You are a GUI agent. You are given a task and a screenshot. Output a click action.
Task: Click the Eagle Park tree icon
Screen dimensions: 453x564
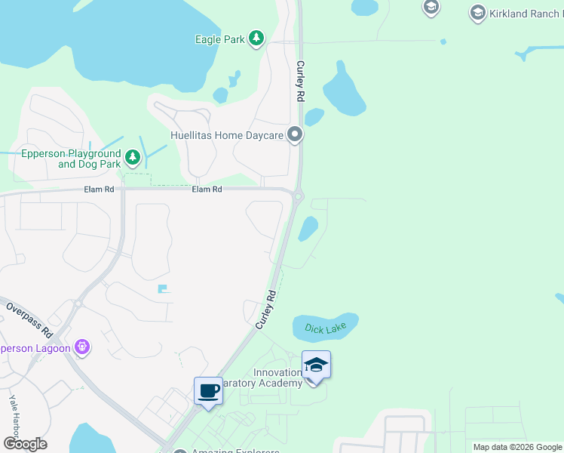point(256,39)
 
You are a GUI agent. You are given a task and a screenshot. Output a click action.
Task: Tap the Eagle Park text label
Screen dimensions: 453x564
point(219,39)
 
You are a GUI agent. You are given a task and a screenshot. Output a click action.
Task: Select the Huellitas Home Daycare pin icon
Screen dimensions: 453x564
point(295,136)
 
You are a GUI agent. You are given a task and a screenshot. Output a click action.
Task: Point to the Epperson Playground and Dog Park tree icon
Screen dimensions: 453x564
point(133,157)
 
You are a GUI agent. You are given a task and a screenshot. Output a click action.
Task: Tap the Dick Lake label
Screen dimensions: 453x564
point(325,328)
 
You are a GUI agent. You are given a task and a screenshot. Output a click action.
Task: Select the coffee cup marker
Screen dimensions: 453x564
point(208,390)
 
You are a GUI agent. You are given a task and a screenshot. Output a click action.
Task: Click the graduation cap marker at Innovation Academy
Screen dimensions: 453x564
point(316,365)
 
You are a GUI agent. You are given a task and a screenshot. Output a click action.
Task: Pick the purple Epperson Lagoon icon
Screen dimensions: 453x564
point(82,347)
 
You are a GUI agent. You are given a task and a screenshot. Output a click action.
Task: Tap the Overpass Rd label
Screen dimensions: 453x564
point(29,319)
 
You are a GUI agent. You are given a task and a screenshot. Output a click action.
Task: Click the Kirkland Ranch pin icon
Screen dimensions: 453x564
point(477,13)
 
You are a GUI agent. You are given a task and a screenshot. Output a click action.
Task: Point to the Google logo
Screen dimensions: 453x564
point(26,444)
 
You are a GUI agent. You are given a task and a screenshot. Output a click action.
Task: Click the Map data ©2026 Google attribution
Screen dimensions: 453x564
point(517,447)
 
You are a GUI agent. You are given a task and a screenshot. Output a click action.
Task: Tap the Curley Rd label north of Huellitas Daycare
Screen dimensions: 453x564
point(300,82)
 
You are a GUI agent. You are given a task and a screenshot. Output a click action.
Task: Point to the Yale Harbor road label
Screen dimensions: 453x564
point(14,414)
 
